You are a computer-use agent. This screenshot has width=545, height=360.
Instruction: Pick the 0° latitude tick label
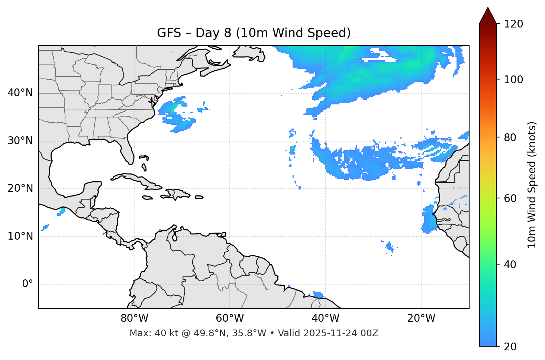pos(28,284)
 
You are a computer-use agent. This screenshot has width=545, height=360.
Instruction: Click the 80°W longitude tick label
pos(134,318)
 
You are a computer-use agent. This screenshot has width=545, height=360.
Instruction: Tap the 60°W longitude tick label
pos(230,318)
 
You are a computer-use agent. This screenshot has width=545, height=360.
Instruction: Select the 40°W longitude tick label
pos(325,318)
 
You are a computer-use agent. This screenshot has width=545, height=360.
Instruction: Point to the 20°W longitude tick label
pos(421,318)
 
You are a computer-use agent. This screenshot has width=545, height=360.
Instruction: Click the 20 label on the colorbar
pos(510,346)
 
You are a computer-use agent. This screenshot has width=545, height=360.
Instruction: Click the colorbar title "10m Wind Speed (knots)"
pos(532,185)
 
